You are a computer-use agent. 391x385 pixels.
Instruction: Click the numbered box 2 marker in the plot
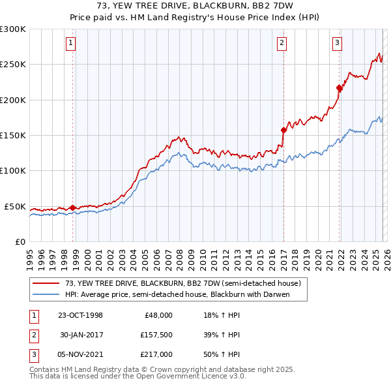click(282, 44)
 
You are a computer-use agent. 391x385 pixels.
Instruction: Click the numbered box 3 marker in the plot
click(337, 44)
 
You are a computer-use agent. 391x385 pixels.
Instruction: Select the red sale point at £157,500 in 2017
click(284, 130)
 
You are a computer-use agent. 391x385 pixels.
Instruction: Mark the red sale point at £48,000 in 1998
click(72, 208)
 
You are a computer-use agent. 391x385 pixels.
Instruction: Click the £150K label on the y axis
click(13, 136)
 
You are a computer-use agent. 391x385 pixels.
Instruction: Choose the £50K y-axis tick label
click(16, 206)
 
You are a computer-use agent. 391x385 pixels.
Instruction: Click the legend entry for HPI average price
click(177, 294)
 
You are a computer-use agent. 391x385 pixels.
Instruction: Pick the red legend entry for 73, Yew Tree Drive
click(182, 283)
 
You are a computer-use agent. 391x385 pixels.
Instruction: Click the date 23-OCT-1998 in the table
click(81, 315)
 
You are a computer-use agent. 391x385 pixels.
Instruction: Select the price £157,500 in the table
click(157, 335)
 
